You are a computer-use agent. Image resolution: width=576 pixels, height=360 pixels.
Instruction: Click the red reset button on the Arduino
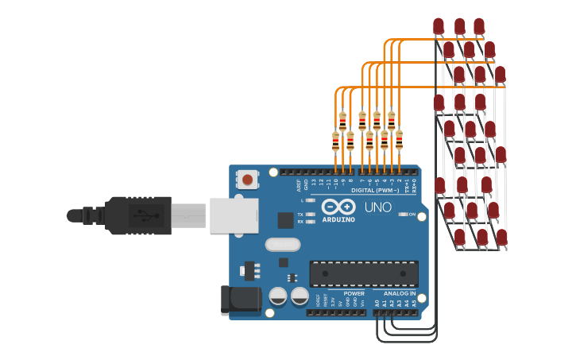tap(248, 180)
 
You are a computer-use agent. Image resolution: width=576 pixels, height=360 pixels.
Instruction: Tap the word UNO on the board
tap(377, 207)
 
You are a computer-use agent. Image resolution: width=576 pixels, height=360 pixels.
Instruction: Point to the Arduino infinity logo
tap(339, 206)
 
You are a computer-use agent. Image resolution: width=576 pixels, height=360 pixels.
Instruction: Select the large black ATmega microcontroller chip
tap(364, 273)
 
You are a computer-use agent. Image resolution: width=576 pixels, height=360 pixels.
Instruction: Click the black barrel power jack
tap(240, 299)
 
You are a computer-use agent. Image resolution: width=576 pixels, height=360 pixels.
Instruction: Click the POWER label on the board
tap(354, 293)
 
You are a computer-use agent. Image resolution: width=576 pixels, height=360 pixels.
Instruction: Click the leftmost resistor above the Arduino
tap(335, 141)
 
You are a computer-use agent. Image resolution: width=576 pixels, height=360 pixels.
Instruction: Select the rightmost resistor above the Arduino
tap(399, 140)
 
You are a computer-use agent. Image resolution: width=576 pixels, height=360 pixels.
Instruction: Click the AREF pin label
tap(300, 185)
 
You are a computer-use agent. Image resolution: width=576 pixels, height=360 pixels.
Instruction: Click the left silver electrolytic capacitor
tap(278, 296)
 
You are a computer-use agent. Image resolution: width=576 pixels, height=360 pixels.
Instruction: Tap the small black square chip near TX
tap(284, 220)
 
